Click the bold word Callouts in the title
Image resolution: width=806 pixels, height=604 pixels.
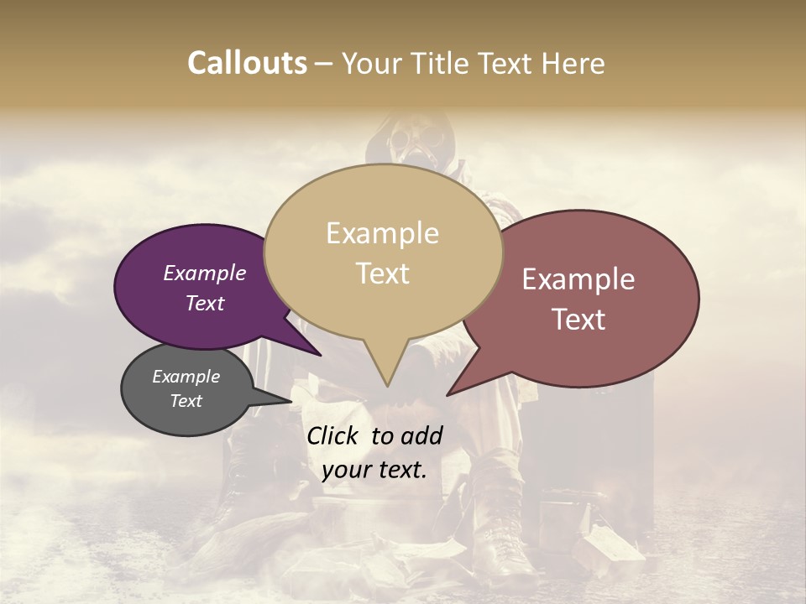pos(247,63)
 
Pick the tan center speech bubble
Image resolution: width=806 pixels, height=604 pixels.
pos(383,252)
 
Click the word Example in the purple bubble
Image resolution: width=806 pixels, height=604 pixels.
pos(204,273)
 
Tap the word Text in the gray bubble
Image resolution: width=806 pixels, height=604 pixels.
pos(186,401)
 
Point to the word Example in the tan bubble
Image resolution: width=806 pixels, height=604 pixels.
pos(382,233)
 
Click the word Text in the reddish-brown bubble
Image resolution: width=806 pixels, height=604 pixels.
pos(578,320)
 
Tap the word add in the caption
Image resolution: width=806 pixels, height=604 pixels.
pos(423,435)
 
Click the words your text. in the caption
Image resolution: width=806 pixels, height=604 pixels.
pos(374,470)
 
